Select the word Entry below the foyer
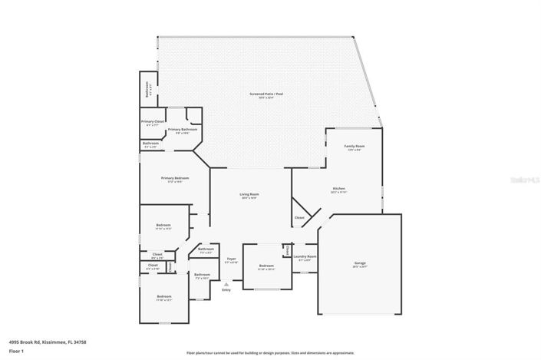(x=226, y=290)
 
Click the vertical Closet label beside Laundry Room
(x=287, y=250)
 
